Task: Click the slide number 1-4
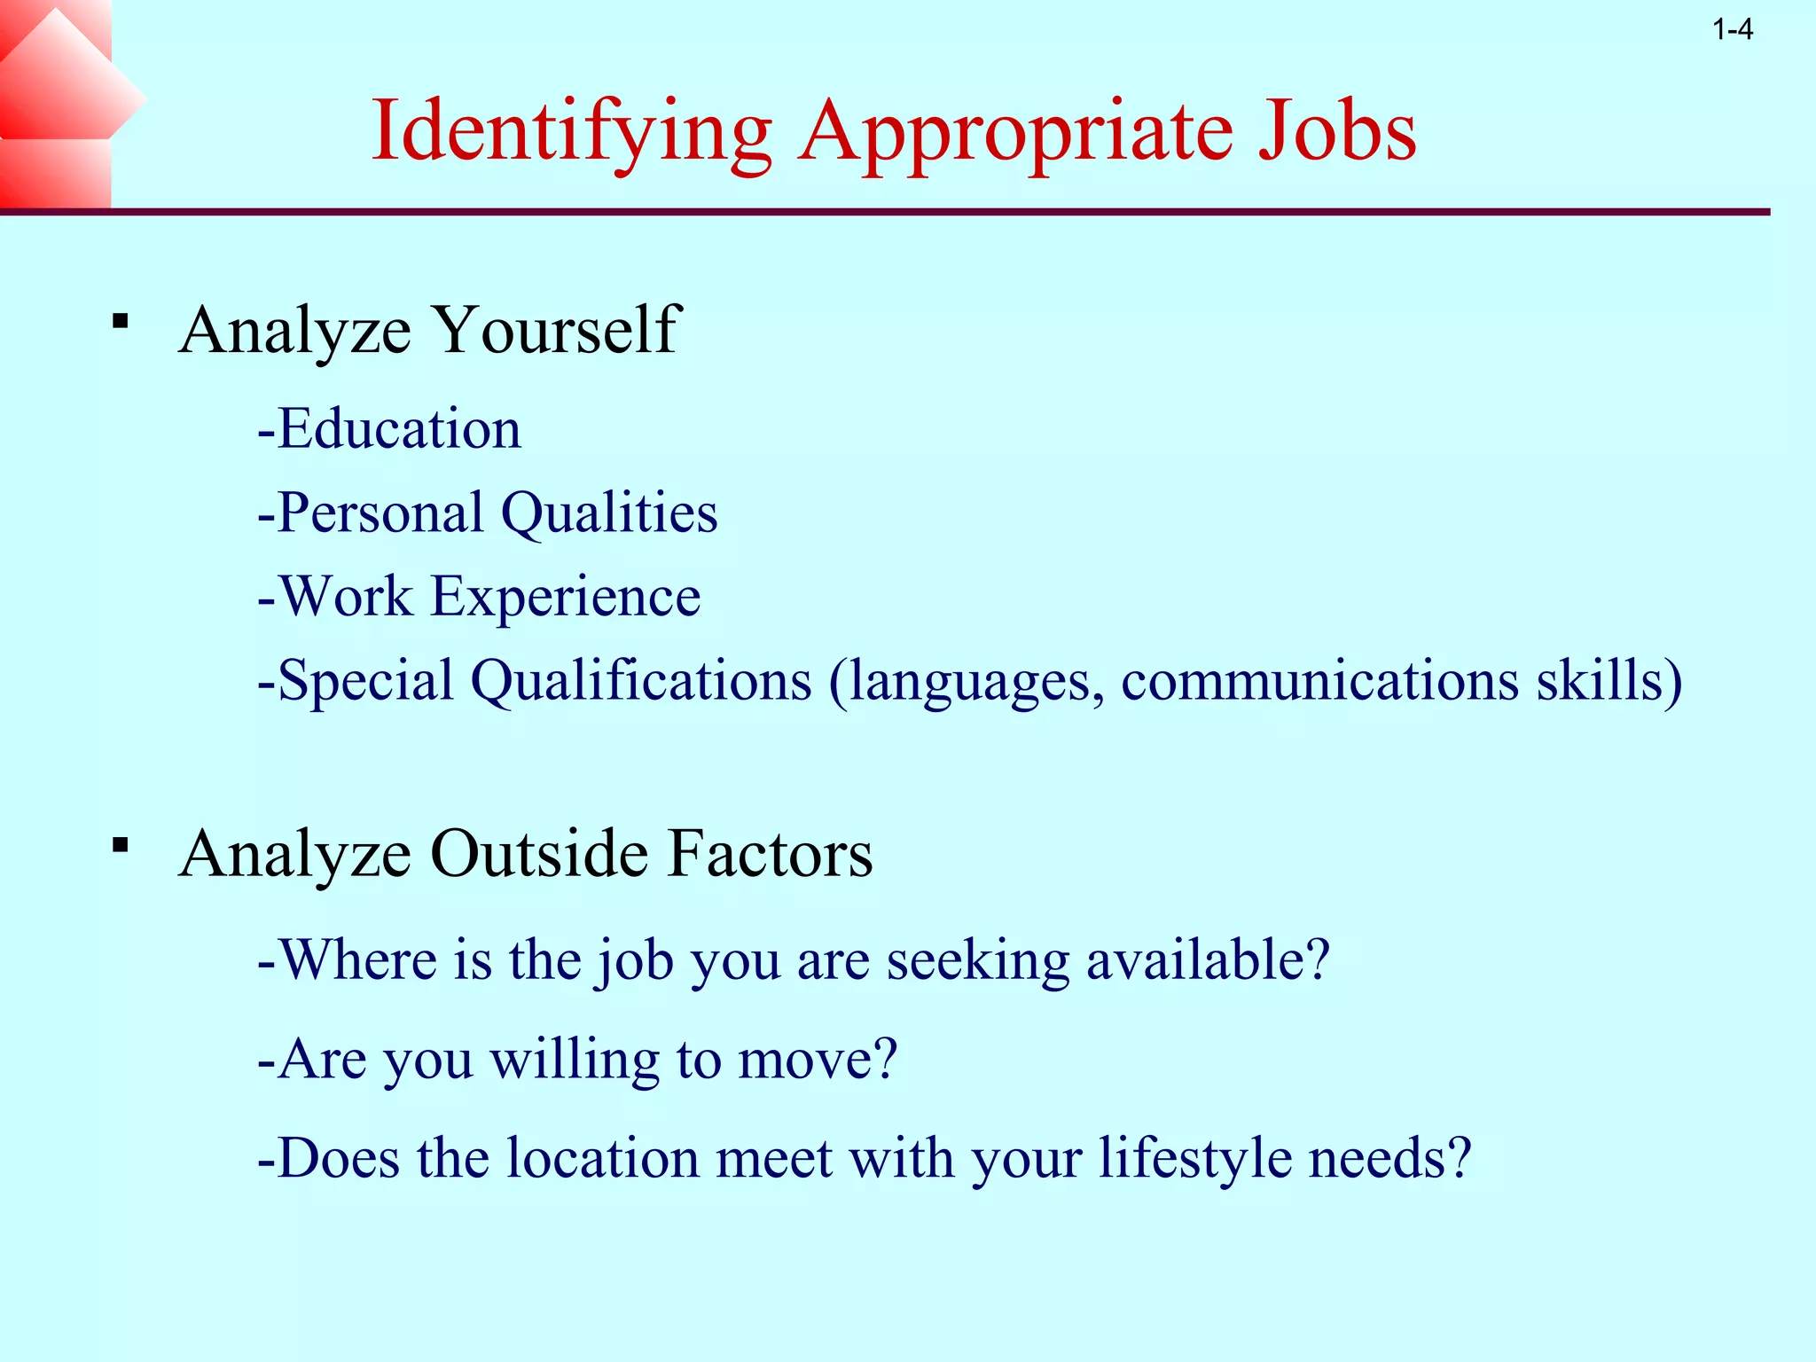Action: [x=1733, y=31]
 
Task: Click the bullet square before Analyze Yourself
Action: [x=121, y=321]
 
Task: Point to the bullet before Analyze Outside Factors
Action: [x=121, y=844]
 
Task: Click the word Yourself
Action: [x=556, y=330]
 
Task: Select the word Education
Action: [x=399, y=429]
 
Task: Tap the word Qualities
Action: [x=609, y=513]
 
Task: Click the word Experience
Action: [x=566, y=596]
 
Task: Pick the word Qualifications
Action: [x=641, y=681]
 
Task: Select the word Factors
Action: [x=770, y=854]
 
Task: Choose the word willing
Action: [x=575, y=1061]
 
